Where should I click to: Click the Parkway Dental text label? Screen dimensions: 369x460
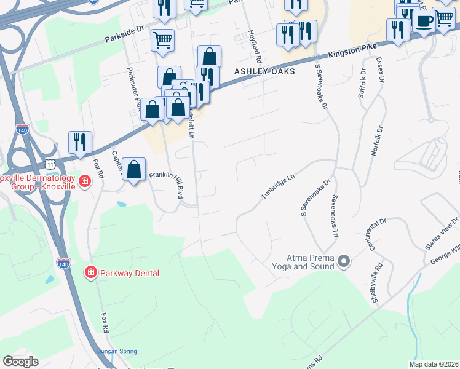[130, 272]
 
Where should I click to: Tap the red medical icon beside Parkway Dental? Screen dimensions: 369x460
[90, 272]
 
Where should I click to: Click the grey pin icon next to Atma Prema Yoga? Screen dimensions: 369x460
[344, 262]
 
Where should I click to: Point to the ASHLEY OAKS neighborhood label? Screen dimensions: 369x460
[265, 71]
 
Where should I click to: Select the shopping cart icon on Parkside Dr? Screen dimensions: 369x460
[162, 41]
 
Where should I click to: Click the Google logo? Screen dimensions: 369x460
[20, 362]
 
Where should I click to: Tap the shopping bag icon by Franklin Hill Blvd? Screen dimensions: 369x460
[133, 169]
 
